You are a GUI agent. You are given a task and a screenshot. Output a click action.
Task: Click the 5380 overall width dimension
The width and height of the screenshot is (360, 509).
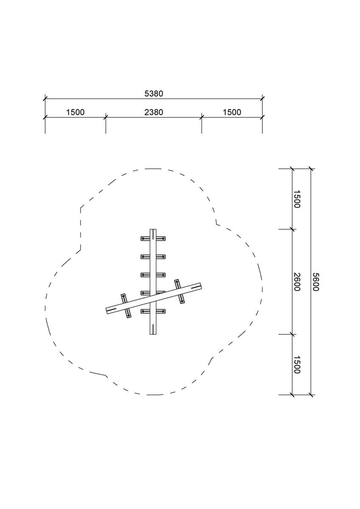click(154, 94)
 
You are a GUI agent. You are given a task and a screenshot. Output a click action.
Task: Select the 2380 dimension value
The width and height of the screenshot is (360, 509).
click(154, 112)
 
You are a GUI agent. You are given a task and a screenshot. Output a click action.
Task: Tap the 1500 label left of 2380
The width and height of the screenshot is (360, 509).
click(75, 112)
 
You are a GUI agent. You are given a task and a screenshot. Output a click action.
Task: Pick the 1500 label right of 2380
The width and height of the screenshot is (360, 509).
click(232, 112)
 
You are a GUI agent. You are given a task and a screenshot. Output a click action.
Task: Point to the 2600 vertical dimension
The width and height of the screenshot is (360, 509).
click(297, 282)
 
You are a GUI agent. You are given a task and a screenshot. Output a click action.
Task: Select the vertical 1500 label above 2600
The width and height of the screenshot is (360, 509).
click(297, 199)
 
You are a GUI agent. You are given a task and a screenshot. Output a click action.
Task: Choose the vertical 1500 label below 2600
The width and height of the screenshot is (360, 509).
click(297, 365)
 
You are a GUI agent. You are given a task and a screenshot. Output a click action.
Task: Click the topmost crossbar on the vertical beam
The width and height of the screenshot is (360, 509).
click(153, 238)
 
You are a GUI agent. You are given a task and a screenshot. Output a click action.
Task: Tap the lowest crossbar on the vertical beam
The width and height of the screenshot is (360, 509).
click(153, 311)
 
